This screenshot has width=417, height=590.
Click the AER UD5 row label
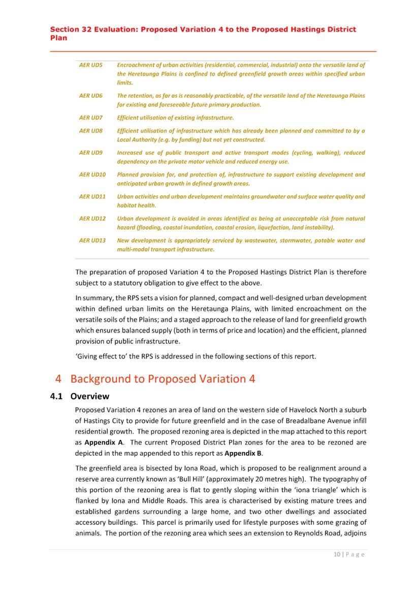pyautogui.click(x=91, y=65)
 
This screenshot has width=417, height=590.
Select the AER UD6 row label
pyautogui.click(x=91, y=96)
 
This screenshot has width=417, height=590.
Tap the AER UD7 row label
pyautogui.click(x=91, y=117)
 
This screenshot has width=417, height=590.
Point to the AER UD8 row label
pyautogui.click(x=91, y=131)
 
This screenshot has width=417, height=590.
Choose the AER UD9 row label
pyautogui.click(x=91, y=153)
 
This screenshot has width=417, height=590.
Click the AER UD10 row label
pyautogui.click(x=92, y=174)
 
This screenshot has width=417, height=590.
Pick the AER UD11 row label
pyautogui.click(x=92, y=196)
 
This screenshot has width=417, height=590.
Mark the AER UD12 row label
pyautogui.click(x=92, y=218)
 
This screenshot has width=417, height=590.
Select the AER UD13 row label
pyautogui.click(x=92, y=240)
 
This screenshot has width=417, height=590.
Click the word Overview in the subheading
pyautogui.click(x=90, y=396)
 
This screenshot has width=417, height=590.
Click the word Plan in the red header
pyautogui.click(x=58, y=38)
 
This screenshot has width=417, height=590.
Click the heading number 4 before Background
pyautogui.click(x=58, y=379)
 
